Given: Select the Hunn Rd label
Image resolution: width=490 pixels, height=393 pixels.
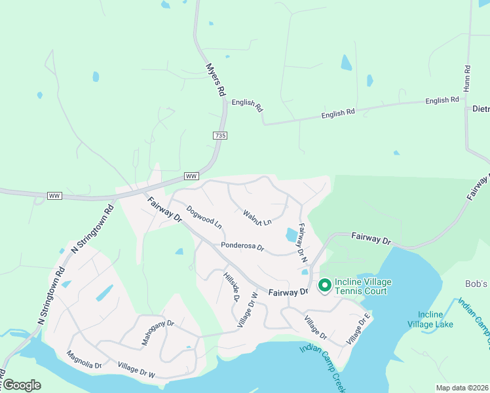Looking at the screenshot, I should (467, 77).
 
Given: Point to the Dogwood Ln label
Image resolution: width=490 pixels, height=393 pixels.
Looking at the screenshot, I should (204, 217).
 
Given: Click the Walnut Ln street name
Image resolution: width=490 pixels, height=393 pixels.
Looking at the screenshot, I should (257, 217).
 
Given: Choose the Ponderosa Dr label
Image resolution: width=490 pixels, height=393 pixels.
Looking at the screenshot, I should (242, 247).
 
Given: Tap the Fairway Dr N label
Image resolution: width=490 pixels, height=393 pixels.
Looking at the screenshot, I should (303, 243).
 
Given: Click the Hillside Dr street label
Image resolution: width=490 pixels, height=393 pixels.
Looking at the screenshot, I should (232, 287).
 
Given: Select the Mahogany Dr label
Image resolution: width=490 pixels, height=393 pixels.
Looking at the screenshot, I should (158, 333).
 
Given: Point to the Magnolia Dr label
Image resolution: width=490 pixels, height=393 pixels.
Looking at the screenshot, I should (84, 360).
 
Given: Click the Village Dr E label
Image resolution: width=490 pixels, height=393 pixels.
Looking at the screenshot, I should (358, 329).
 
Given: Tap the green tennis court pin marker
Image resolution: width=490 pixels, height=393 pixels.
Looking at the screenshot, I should (324, 286).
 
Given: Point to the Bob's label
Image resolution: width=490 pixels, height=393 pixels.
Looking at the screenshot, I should (476, 284).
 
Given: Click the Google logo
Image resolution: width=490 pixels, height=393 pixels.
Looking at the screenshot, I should (22, 385).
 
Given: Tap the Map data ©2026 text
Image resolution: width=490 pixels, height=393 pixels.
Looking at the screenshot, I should (462, 388).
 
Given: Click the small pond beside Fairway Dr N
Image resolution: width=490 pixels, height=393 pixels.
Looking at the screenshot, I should (291, 234).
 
